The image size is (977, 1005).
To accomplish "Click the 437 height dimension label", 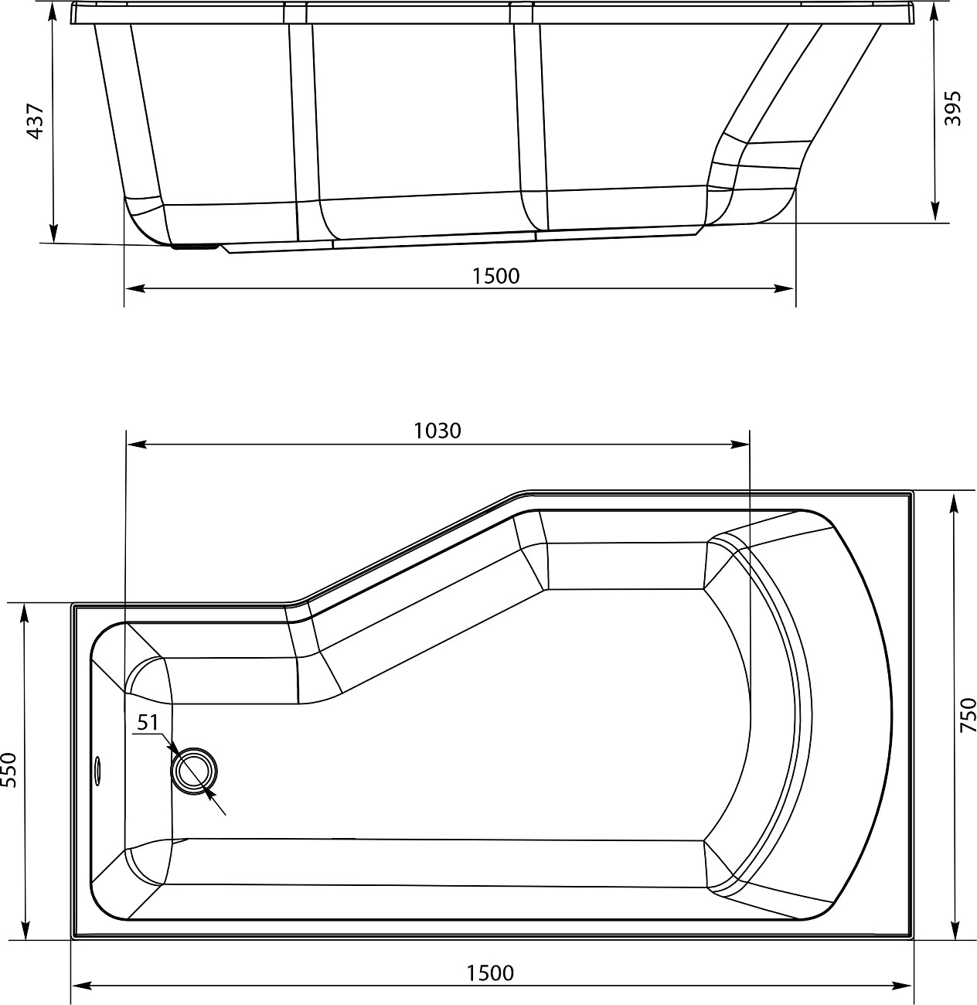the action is click(35, 121).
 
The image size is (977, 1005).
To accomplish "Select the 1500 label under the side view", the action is click(495, 276).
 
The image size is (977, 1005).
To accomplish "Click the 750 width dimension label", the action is click(968, 715).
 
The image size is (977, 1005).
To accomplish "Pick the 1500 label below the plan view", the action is click(491, 973).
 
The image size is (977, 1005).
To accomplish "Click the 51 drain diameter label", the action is click(148, 723).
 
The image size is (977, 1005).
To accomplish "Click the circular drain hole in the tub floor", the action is click(194, 772).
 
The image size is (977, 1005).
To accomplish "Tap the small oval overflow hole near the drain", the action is click(97, 771).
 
